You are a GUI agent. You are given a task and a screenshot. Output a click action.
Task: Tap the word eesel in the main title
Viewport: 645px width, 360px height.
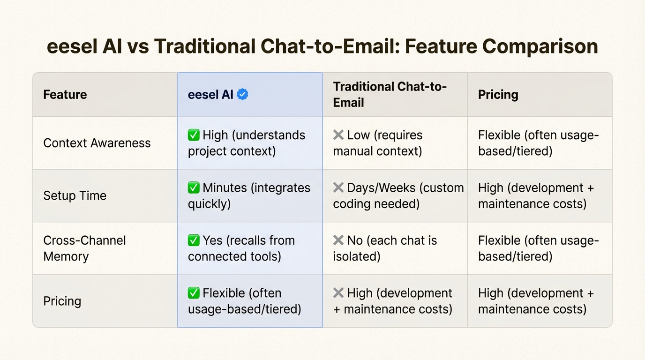point(72,46)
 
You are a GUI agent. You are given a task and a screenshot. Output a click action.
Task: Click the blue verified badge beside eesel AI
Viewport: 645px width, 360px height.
point(242,94)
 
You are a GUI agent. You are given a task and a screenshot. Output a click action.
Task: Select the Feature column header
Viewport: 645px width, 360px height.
point(65,94)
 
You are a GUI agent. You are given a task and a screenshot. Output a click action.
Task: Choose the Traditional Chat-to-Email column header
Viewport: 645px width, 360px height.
point(390,94)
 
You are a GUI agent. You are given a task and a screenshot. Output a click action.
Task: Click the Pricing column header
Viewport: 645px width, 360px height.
point(498,94)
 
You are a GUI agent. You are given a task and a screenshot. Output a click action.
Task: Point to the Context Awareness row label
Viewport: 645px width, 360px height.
point(97,143)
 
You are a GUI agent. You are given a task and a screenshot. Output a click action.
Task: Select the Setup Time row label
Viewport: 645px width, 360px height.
point(75,195)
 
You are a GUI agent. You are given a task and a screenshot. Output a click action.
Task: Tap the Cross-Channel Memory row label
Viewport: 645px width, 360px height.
point(85,248)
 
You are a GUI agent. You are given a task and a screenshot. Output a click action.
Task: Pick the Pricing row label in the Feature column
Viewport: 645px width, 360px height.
point(62,301)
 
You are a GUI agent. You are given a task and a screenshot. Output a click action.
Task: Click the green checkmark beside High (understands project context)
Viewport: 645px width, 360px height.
point(193,135)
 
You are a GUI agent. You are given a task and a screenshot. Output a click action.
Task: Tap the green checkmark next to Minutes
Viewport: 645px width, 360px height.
point(193,187)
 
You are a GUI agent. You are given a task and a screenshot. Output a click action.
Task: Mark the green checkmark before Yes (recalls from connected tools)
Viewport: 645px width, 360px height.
point(193,240)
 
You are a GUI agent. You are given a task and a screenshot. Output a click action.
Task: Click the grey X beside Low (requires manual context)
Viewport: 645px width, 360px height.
point(338,135)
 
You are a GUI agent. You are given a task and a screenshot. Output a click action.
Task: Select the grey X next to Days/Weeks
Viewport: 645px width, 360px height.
point(338,187)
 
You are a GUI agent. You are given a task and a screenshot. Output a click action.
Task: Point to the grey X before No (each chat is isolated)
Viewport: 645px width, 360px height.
point(338,240)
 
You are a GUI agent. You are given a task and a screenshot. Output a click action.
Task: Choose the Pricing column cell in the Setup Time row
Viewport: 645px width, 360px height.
point(536,195)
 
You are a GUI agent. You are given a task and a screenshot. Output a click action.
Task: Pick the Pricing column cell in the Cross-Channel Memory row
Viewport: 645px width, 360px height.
point(538,248)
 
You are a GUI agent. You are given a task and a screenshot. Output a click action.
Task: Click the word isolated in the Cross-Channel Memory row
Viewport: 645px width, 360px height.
point(356,256)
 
